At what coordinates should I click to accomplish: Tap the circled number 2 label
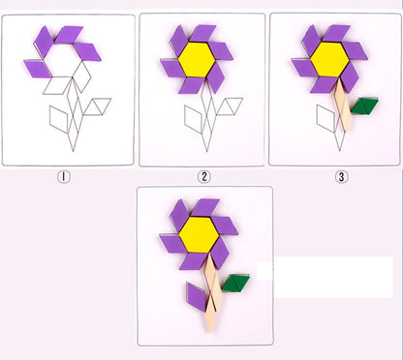pyautogui.click(x=203, y=176)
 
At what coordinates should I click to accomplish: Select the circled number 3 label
pyautogui.click(x=340, y=176)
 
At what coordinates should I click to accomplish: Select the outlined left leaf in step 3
pyautogui.click(x=325, y=118)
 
